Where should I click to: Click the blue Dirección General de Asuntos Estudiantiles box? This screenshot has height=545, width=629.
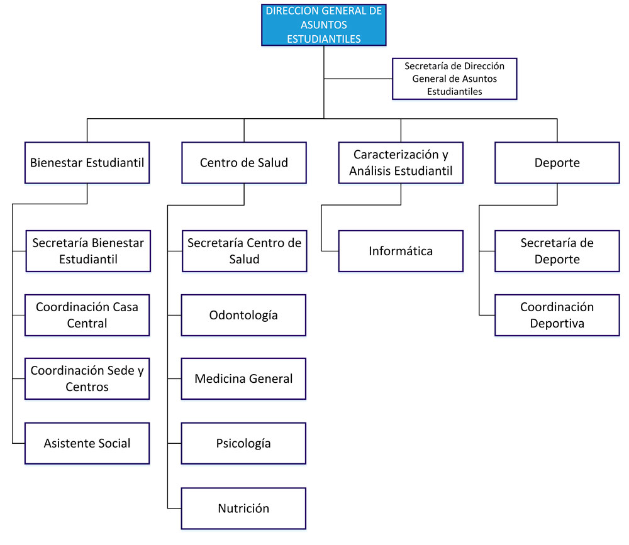(x=323, y=25)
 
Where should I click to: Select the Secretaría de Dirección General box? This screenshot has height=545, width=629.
(x=454, y=79)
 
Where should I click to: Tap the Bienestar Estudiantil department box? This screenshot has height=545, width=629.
(x=87, y=163)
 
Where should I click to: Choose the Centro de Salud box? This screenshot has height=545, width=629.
(x=244, y=163)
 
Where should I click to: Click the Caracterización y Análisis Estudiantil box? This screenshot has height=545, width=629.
(x=401, y=163)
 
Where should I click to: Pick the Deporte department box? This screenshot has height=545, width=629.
(x=557, y=163)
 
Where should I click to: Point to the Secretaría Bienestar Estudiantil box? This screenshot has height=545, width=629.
(x=88, y=251)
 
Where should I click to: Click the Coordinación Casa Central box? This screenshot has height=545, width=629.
(x=87, y=315)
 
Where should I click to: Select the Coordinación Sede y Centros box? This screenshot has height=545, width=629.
(x=87, y=378)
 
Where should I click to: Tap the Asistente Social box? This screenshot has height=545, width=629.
(x=87, y=443)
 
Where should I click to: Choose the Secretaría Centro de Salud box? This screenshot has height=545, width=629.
(x=245, y=251)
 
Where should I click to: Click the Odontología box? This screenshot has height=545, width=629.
(x=243, y=315)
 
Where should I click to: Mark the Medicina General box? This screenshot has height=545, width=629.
(x=243, y=378)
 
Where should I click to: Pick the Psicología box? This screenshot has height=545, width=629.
(x=243, y=443)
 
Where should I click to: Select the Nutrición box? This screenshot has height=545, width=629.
(x=243, y=509)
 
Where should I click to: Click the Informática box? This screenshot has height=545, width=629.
(x=401, y=251)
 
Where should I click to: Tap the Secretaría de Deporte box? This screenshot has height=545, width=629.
(x=557, y=251)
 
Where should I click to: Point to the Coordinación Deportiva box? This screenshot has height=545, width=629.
(x=557, y=315)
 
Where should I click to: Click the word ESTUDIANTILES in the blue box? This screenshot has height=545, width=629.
(x=323, y=38)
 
